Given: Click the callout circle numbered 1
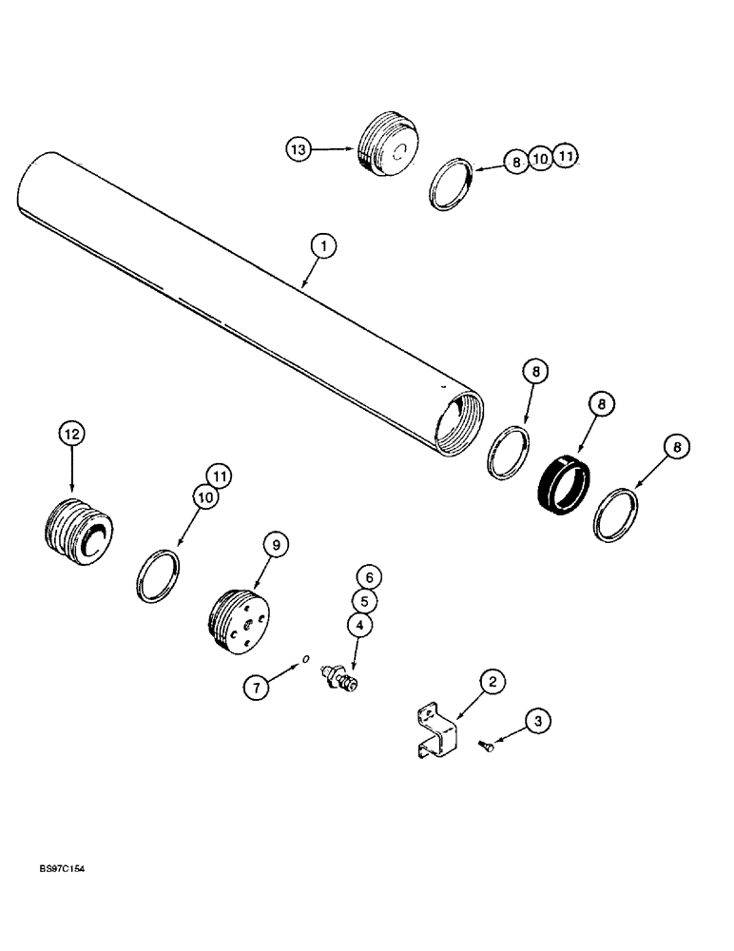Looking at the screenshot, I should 323,248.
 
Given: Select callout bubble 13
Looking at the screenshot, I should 299,149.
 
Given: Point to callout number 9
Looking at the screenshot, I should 276,546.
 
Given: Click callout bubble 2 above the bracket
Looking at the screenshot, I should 491,681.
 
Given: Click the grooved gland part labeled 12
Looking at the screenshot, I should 80,533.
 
